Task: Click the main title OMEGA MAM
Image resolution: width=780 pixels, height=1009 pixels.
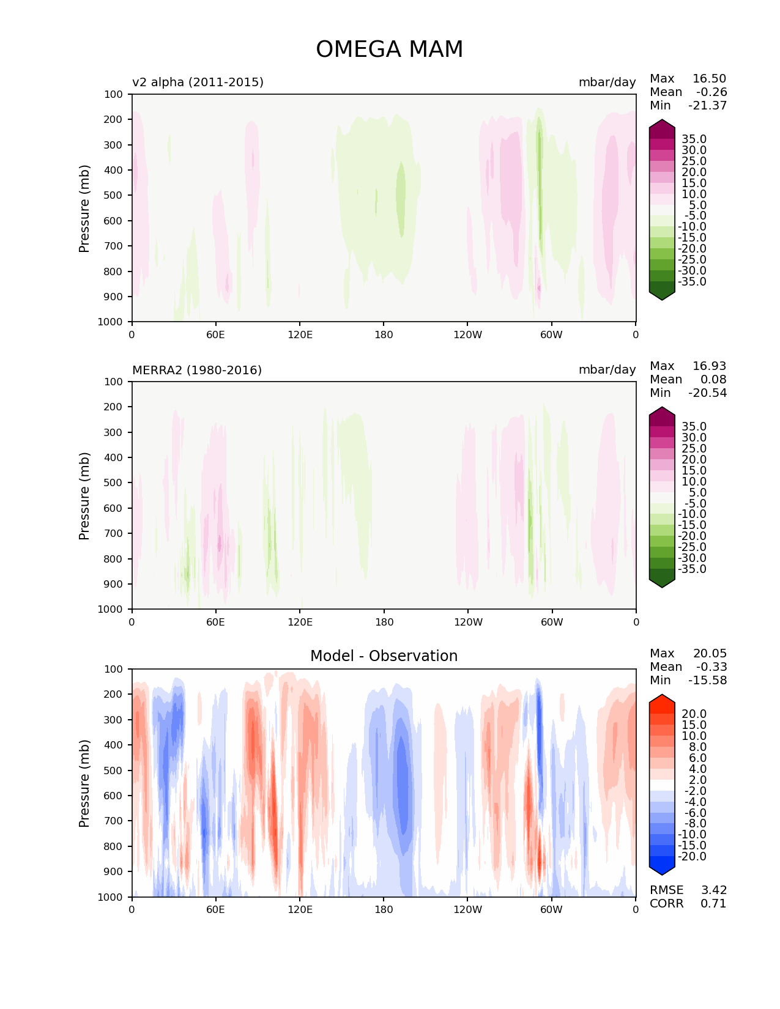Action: click(389, 49)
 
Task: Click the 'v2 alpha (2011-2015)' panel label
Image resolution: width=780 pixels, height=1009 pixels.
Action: click(198, 82)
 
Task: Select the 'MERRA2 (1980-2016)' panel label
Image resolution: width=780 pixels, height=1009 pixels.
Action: click(197, 370)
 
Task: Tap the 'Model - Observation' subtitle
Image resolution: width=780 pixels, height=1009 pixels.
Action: click(384, 656)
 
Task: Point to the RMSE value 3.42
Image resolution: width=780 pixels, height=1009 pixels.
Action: click(713, 890)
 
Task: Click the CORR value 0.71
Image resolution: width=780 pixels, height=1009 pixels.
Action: click(713, 903)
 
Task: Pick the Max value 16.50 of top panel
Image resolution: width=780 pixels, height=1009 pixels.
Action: click(709, 78)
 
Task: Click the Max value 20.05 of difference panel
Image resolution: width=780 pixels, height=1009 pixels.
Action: click(710, 653)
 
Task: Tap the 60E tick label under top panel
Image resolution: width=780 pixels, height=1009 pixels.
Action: click(215, 334)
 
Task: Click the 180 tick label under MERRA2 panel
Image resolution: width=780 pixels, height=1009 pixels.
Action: click(384, 622)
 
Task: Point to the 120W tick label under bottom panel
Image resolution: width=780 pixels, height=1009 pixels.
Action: click(468, 910)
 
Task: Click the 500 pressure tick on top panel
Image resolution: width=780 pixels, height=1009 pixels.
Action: click(113, 196)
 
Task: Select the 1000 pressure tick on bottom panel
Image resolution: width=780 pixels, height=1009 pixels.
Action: click(110, 897)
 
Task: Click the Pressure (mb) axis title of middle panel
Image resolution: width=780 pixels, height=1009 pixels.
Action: click(84, 495)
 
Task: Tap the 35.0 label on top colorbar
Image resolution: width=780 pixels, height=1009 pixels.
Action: click(694, 139)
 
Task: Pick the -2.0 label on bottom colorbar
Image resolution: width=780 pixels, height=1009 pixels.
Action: click(695, 791)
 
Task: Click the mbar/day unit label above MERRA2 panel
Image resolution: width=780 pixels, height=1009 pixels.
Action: click(607, 369)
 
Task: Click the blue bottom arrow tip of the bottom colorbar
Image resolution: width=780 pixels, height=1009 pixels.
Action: click(661, 875)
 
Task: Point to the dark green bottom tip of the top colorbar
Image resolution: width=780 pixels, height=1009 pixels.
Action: click(661, 300)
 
